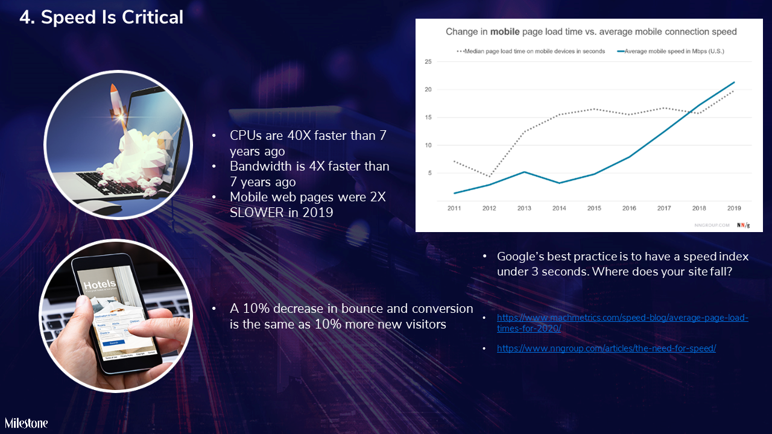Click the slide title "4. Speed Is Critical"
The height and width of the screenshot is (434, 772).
pyautogui.click(x=101, y=17)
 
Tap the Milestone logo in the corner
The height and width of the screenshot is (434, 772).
pyautogui.click(x=27, y=423)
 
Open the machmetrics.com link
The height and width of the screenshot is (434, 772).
pyautogui.click(x=622, y=322)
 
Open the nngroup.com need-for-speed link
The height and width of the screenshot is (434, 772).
pyautogui.click(x=606, y=348)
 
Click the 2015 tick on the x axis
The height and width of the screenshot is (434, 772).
pyautogui.click(x=594, y=209)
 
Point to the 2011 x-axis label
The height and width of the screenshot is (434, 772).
pyautogui.click(x=454, y=209)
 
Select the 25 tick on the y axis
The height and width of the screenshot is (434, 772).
pyautogui.click(x=428, y=61)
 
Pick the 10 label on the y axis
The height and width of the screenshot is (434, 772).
pyautogui.click(x=428, y=145)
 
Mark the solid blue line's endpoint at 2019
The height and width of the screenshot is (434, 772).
pyautogui.click(x=734, y=82)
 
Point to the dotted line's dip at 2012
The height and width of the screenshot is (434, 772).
pyautogui.click(x=489, y=176)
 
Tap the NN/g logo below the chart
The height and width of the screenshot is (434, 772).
pyautogui.click(x=744, y=225)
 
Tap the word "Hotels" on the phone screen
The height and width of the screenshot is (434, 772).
pyautogui.click(x=99, y=285)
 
